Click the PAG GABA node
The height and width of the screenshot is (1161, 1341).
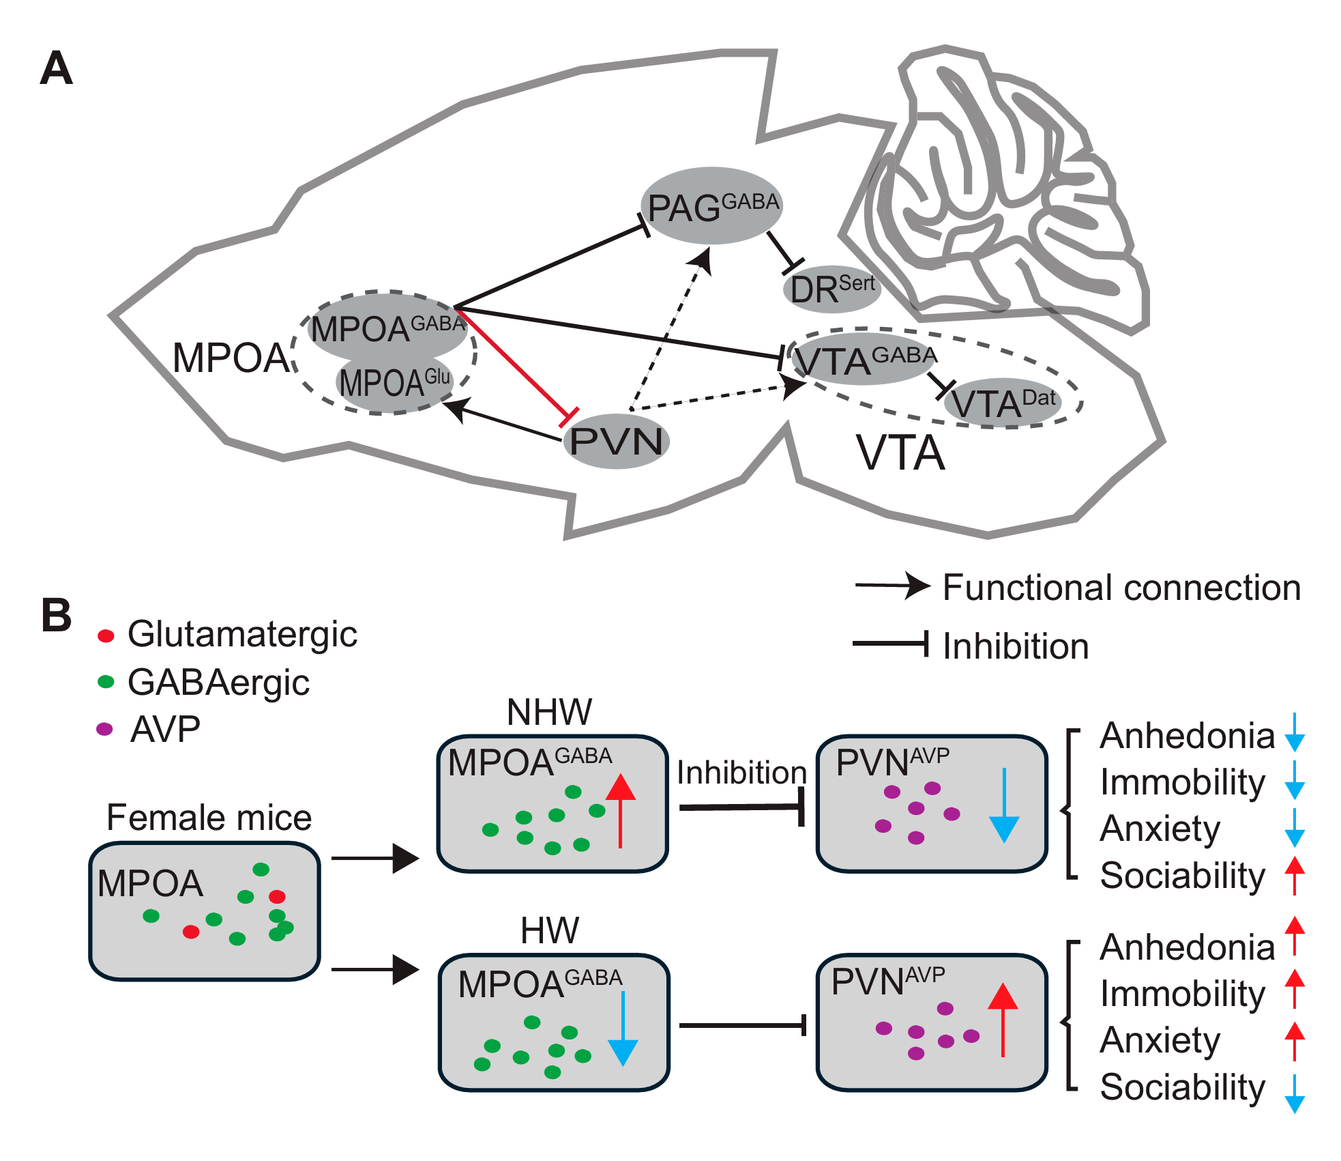point(711,206)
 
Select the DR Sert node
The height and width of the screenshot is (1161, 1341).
point(831,289)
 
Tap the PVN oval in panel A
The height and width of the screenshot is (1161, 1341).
point(616,442)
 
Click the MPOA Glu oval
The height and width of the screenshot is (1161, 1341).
point(394,383)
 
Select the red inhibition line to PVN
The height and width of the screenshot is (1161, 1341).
point(512,362)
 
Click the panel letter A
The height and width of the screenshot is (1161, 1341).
point(56,69)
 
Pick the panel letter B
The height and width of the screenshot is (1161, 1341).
point(56,615)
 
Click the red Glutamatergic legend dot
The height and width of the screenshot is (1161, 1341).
point(106,636)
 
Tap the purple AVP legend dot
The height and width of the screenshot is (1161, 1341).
point(104,729)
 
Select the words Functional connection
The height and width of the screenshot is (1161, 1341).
point(1121,588)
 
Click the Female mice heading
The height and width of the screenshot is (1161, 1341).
point(209,817)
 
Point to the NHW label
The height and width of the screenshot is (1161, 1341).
point(549,712)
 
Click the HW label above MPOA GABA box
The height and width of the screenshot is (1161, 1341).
point(549,930)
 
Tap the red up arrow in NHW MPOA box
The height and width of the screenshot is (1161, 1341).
point(620,809)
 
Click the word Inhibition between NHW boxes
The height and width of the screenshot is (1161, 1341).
point(741,773)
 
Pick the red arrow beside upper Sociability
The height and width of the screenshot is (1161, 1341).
point(1294,874)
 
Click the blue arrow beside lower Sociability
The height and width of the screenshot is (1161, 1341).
point(1294,1093)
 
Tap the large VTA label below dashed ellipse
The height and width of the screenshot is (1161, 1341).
point(900,453)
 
